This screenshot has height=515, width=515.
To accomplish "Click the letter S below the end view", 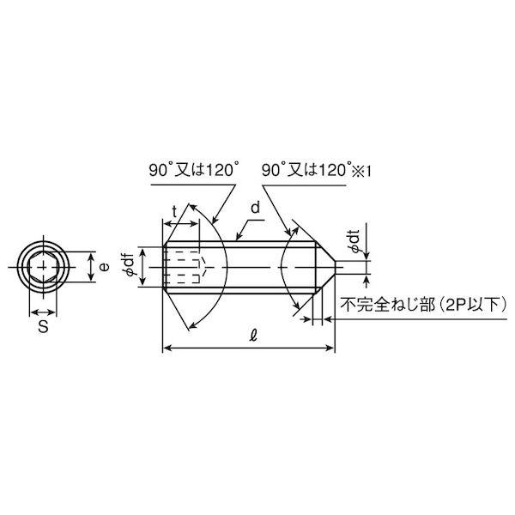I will tap(42, 328).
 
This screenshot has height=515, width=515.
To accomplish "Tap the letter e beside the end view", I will tap(104, 268).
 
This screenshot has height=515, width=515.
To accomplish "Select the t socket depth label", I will tap(177, 210).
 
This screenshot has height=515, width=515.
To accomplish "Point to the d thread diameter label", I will tap(255, 209).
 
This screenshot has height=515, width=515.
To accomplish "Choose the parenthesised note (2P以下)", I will tap(470, 304).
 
